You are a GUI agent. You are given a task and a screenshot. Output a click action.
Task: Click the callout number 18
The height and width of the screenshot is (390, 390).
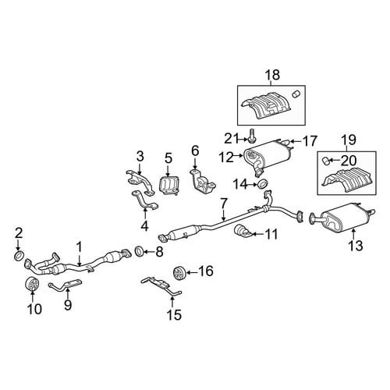pyautogui.click(x=272, y=75)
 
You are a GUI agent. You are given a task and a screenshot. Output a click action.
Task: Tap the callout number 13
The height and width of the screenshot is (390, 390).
pyautogui.click(x=355, y=245)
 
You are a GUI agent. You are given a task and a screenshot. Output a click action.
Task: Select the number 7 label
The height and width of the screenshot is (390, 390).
pyautogui.click(x=224, y=203)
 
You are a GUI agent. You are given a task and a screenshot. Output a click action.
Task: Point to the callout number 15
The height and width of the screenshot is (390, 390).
pyautogui.click(x=174, y=315)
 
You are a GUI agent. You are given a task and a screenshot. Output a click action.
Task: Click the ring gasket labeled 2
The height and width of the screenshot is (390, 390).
pyautogui.click(x=19, y=256)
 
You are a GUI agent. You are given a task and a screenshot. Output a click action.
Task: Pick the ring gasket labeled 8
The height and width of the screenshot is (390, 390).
pyautogui.click(x=140, y=251)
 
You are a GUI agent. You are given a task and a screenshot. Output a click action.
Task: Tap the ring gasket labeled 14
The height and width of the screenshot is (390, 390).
pyautogui.click(x=263, y=184)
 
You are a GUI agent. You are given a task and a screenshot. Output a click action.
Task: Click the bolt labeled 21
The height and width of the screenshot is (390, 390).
pyautogui.click(x=251, y=136)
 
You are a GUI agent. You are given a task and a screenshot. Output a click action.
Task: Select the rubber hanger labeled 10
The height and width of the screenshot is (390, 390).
pyautogui.click(x=32, y=284)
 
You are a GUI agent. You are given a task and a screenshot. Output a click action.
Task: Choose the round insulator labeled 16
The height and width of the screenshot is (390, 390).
pyautogui.click(x=179, y=273)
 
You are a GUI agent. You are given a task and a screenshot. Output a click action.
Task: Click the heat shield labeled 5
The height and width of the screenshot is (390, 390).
pyautogui.click(x=168, y=185)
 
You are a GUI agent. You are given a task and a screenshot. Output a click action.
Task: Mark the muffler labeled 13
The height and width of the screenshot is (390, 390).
pyautogui.click(x=345, y=218)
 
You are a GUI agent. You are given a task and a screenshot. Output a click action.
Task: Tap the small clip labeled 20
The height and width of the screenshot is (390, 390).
pyautogui.click(x=326, y=161)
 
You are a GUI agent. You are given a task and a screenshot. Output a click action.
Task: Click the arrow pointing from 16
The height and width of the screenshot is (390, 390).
pyautogui.click(x=192, y=272)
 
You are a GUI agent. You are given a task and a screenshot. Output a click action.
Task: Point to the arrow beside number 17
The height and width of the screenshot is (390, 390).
pyautogui.click(x=296, y=141)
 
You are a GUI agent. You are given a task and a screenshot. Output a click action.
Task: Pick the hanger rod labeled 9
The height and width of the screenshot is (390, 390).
pyautogui.click(x=65, y=285)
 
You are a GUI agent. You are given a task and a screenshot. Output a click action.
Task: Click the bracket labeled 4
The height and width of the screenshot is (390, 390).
pyautogui.click(x=145, y=200)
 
